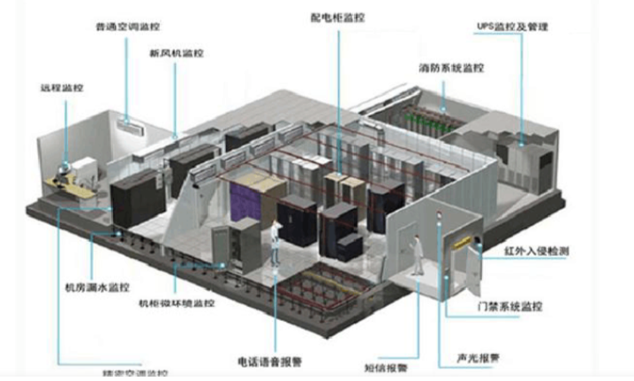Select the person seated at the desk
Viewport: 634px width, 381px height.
pos(68,168)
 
